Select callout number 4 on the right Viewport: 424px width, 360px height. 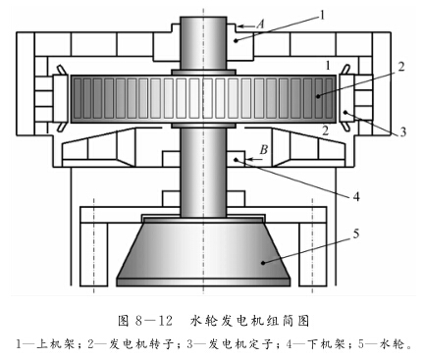[357, 195]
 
